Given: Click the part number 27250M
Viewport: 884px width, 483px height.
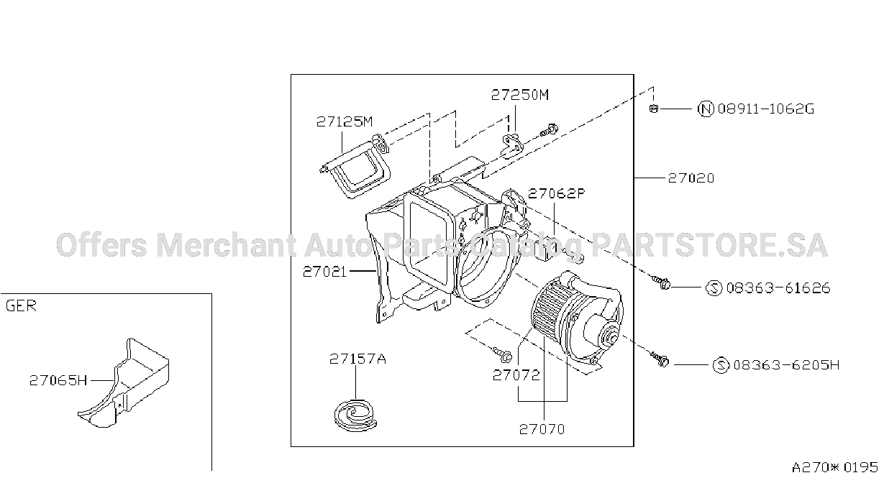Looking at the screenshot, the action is [520, 95].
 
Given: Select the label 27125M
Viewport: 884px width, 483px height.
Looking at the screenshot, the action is [345, 122].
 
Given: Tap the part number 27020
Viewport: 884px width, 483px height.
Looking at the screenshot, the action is [691, 179].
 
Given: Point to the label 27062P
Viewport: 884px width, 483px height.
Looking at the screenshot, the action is [557, 193].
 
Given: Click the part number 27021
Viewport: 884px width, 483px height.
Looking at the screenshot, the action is [324, 272].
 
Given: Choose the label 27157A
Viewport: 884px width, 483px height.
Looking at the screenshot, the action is [357, 359].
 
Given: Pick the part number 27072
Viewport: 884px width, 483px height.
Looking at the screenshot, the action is [516, 375].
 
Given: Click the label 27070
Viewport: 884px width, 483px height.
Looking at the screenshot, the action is [542, 429].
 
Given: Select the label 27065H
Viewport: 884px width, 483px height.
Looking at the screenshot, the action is [58, 380].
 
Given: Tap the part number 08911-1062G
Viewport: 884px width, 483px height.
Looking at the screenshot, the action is [766, 109].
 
